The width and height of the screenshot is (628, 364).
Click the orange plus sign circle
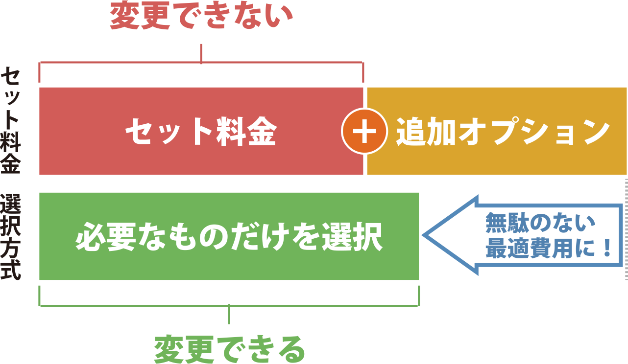coord(364,132)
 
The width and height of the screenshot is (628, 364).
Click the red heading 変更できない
coord(201,17)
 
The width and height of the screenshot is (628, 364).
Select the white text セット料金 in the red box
coord(201,132)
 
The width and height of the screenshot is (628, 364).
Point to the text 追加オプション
coord(503,132)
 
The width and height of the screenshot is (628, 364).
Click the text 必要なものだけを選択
coord(229,237)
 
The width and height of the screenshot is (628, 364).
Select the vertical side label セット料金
coord(11,121)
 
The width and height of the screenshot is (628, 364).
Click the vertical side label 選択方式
coord(11,237)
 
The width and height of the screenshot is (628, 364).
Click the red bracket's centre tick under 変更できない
coord(201,53)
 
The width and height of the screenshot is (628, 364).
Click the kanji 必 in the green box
coord(91,237)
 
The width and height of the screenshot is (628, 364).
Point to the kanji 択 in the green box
coord(367,237)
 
